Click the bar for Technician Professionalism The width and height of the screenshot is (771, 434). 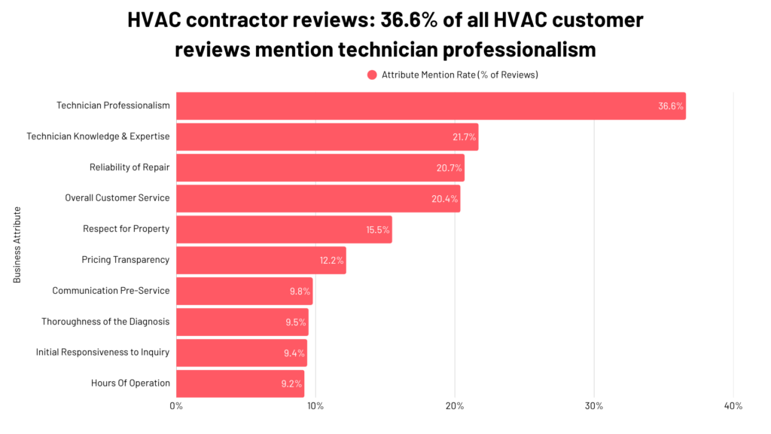tap(431, 106)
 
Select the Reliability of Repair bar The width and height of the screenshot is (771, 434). tap(320, 167)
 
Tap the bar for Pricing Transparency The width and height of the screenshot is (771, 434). tap(261, 260)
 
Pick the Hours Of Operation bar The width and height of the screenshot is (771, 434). tap(240, 383)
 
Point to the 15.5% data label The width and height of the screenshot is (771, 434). tap(378, 230)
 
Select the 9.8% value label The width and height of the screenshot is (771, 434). tap(300, 291)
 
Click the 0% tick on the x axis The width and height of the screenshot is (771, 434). tap(176, 407)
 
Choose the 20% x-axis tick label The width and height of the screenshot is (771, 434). tap(455, 407)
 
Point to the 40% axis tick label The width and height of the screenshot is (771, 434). tap(733, 407)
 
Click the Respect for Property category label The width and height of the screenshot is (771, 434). tap(126, 229)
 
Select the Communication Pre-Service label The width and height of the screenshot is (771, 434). tap(111, 291)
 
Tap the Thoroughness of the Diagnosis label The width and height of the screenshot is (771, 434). tap(105, 322)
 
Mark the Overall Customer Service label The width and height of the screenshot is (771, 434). tap(117, 198)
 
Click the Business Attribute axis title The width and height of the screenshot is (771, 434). tap(17, 245)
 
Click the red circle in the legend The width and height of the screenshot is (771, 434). tap(372, 75)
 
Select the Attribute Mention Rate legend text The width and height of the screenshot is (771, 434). tap(459, 75)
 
